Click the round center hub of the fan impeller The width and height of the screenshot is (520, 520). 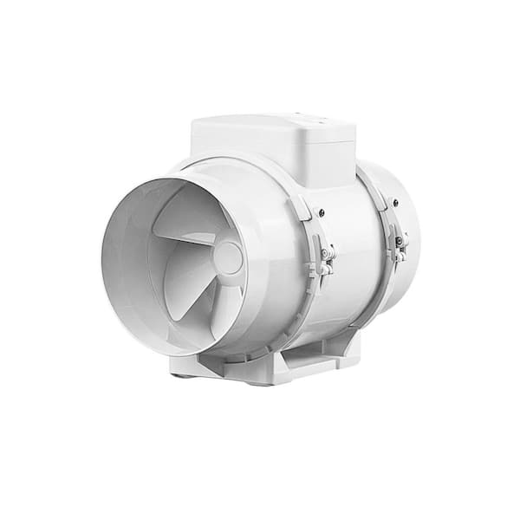pyautogui.click(x=227, y=258)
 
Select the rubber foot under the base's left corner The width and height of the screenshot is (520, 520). pyautogui.click(x=177, y=375)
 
